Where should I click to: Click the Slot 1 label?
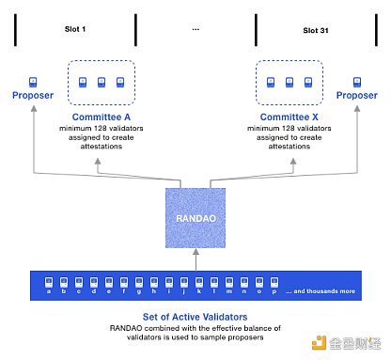75,29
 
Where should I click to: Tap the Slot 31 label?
316,30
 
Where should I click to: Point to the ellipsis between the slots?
195,29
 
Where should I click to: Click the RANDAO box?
195,218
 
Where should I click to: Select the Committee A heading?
102,117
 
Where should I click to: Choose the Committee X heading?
289,117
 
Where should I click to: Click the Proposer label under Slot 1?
33,95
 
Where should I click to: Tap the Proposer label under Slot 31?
357,95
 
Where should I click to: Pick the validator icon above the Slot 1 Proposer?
33,82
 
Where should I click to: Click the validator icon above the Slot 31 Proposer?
357,82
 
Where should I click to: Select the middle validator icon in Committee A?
102,82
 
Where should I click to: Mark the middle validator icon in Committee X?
289,82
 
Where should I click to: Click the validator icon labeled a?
49,282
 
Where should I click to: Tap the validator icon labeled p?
274,282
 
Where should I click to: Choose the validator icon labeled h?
154,282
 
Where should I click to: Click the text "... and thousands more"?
321,291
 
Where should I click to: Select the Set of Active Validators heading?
195,317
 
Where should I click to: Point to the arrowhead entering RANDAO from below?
195,252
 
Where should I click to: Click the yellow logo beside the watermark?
319,343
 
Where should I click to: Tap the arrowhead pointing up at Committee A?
98,161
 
